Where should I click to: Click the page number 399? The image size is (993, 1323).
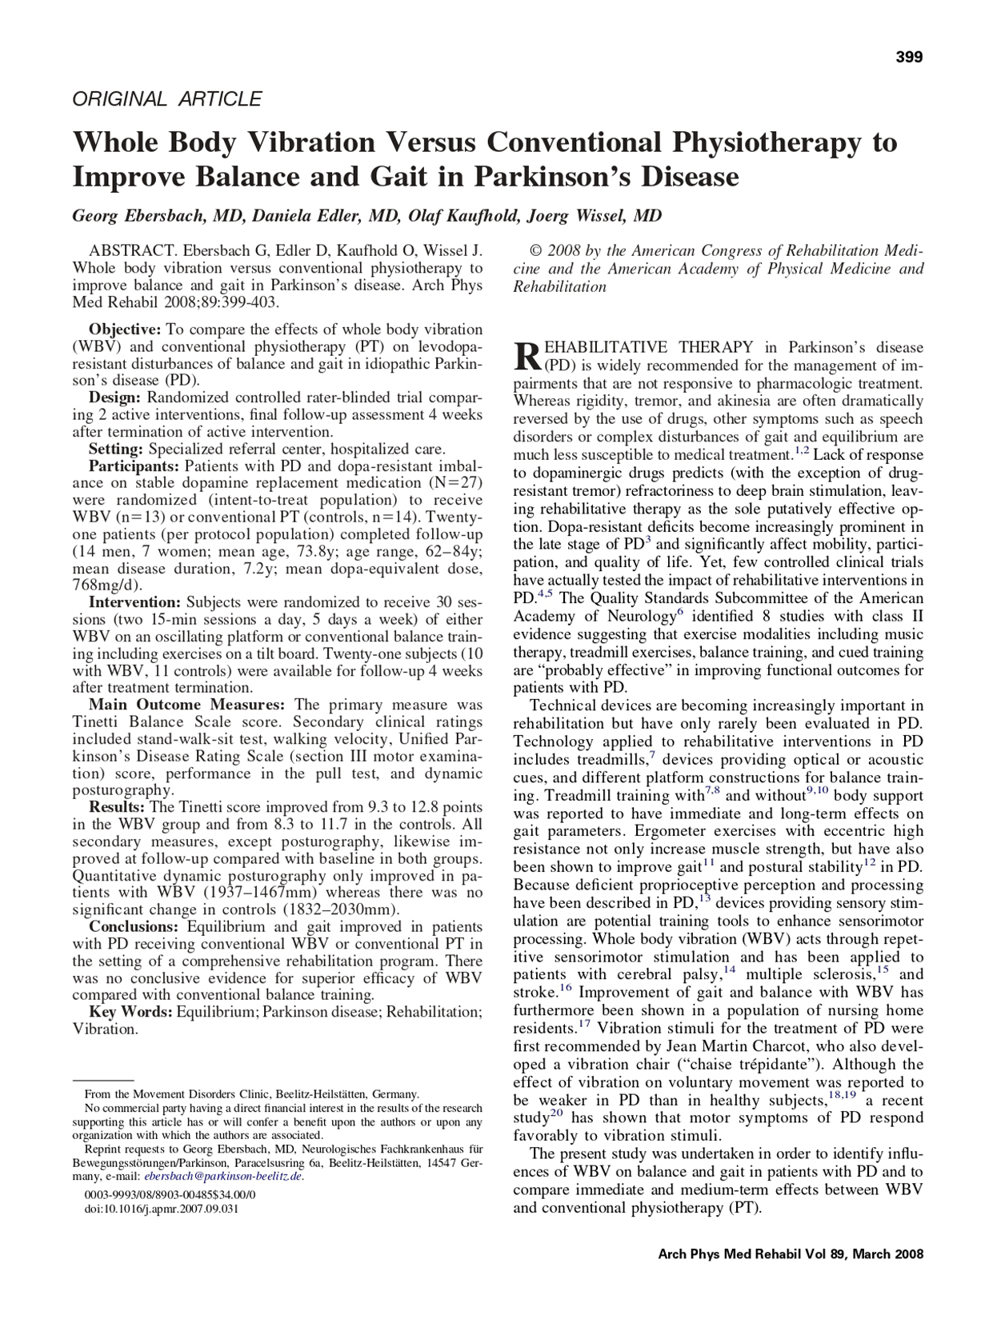point(909,57)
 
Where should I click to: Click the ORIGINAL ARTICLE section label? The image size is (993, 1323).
point(167,99)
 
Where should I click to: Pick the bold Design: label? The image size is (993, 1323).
point(115,398)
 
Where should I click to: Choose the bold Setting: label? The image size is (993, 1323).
point(117,449)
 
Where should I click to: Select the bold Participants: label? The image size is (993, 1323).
point(134,466)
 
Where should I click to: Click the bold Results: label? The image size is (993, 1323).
point(117,807)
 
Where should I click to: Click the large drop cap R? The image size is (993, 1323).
point(527,356)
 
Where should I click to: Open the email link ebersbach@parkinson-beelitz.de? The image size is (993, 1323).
point(223,1176)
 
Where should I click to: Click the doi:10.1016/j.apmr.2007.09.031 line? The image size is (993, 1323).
point(162,1209)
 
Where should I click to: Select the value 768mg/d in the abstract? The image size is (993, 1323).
point(104,586)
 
